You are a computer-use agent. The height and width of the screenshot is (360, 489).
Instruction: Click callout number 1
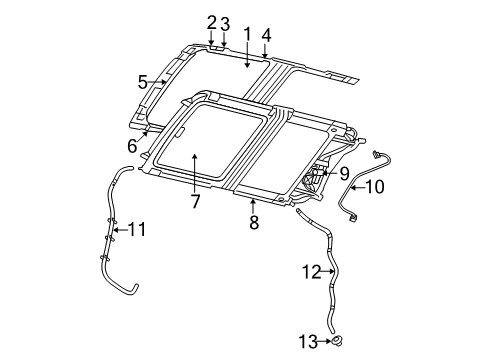pos(246,35)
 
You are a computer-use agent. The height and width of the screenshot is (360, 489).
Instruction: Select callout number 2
pos(211,22)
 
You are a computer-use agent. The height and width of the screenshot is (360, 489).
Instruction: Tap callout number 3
pos(225,23)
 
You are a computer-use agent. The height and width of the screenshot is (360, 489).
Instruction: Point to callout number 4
pos(266,35)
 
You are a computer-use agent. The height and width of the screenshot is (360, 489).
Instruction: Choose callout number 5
pos(143,81)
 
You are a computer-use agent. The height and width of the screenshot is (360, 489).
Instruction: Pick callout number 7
pos(195,202)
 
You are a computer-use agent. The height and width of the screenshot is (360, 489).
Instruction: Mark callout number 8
pos(254,222)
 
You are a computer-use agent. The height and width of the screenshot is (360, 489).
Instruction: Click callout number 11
pos(137,230)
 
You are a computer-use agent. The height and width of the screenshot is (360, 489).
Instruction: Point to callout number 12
pos(311,270)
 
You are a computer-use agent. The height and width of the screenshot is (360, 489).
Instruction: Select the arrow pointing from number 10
pos(354,186)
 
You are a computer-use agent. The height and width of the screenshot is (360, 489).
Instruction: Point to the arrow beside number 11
pos(119,230)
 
